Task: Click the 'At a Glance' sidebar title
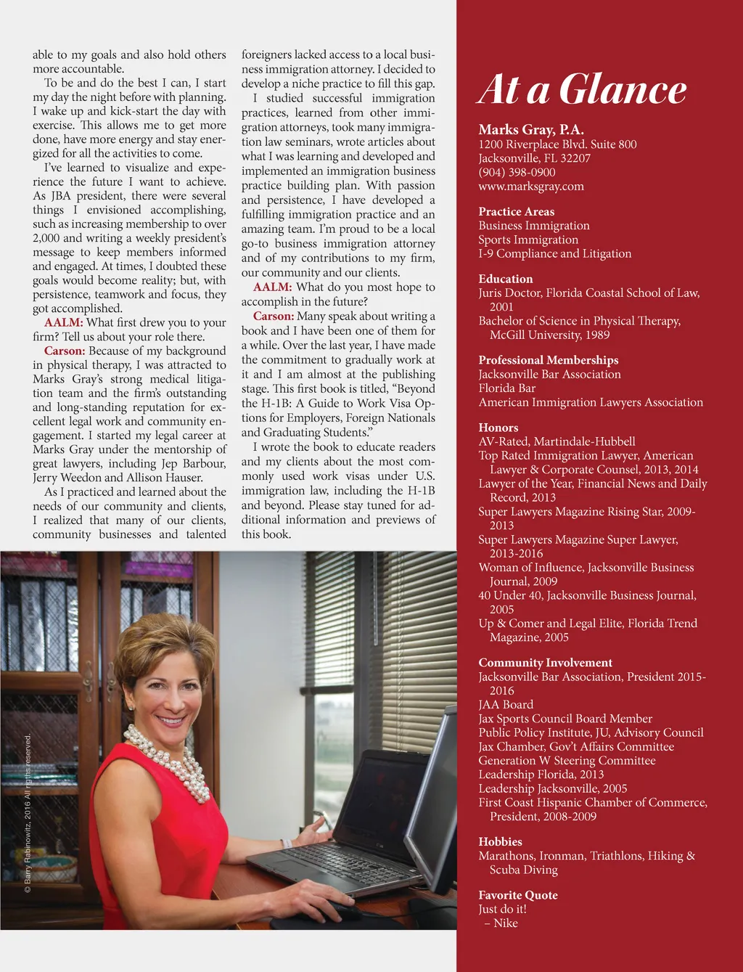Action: [x=582, y=90]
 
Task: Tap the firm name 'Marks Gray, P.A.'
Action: [x=531, y=130]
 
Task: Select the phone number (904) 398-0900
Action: [x=517, y=172]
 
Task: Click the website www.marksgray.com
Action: [x=530, y=186]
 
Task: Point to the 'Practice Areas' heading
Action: [x=516, y=211]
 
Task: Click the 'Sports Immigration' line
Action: [x=528, y=240]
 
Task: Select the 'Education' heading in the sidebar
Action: [x=505, y=279]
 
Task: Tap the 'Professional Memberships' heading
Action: [x=548, y=360]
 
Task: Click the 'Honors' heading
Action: [x=498, y=428]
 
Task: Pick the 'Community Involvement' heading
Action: [x=545, y=663]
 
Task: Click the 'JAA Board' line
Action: [x=506, y=704]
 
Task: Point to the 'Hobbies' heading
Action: [x=500, y=841]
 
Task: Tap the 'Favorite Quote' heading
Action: [x=517, y=895]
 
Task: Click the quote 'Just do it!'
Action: [x=502, y=909]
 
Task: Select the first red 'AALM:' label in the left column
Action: [x=63, y=322]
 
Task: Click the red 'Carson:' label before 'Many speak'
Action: [x=273, y=316]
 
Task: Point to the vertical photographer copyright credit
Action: [x=28, y=813]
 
